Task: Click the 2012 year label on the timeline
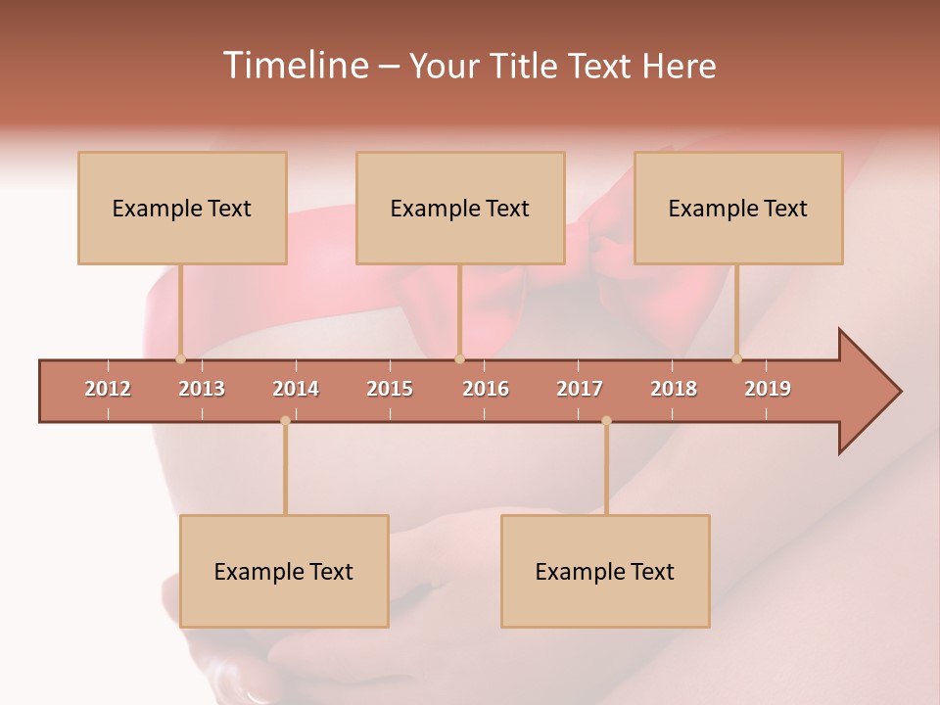(x=108, y=389)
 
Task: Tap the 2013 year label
(x=202, y=389)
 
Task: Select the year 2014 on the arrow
(x=296, y=389)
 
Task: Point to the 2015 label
(x=390, y=389)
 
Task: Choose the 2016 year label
(x=486, y=389)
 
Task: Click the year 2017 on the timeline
(x=580, y=389)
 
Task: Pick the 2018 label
(x=674, y=389)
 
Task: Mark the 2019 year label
(x=768, y=389)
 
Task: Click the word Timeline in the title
(x=294, y=66)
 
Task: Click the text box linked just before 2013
(x=182, y=209)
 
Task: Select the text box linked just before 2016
(x=460, y=209)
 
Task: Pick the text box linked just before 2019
(x=738, y=209)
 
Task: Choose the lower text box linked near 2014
(x=284, y=572)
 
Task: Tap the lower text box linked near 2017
(x=605, y=572)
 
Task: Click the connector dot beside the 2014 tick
(x=285, y=421)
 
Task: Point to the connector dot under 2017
(x=606, y=421)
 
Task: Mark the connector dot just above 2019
(x=737, y=359)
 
